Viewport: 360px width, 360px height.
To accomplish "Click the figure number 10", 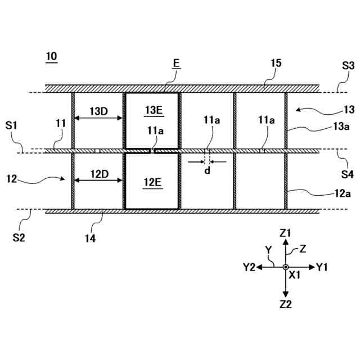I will [x=51, y=57].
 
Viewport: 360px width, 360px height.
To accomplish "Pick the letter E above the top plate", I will [x=176, y=65].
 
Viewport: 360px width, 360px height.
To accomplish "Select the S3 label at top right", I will [x=348, y=66].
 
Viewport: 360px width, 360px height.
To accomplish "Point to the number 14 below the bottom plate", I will [x=90, y=238].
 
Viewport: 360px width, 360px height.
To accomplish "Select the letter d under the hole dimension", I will [x=207, y=170].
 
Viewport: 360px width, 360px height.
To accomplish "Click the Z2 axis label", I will [x=286, y=304].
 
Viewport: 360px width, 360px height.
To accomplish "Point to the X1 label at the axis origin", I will [x=295, y=276].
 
